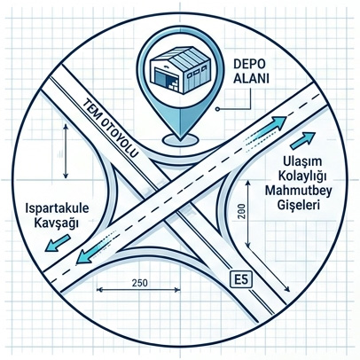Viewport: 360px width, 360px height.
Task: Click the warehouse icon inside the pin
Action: [180, 70]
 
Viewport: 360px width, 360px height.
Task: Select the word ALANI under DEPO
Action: [251, 79]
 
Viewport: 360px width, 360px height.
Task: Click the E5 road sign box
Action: [241, 279]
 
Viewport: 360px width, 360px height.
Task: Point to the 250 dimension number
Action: [139, 283]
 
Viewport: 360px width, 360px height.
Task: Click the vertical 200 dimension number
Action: [242, 212]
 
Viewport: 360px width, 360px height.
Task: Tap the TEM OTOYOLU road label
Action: [111, 127]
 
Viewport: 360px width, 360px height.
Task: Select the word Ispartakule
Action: [57, 208]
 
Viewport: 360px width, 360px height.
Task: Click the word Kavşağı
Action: [56, 223]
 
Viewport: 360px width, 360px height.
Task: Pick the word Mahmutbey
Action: [298, 190]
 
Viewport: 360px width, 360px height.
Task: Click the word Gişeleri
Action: [299, 204]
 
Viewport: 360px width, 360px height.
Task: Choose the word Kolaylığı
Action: [301, 176]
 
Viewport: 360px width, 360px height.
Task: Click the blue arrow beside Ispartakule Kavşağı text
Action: [58, 243]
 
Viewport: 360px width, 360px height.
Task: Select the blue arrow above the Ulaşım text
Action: [302, 140]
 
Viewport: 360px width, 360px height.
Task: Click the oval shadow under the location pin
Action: [180, 140]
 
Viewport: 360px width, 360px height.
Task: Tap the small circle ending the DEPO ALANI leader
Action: [217, 109]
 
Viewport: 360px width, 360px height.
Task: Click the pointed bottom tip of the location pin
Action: [180, 139]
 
